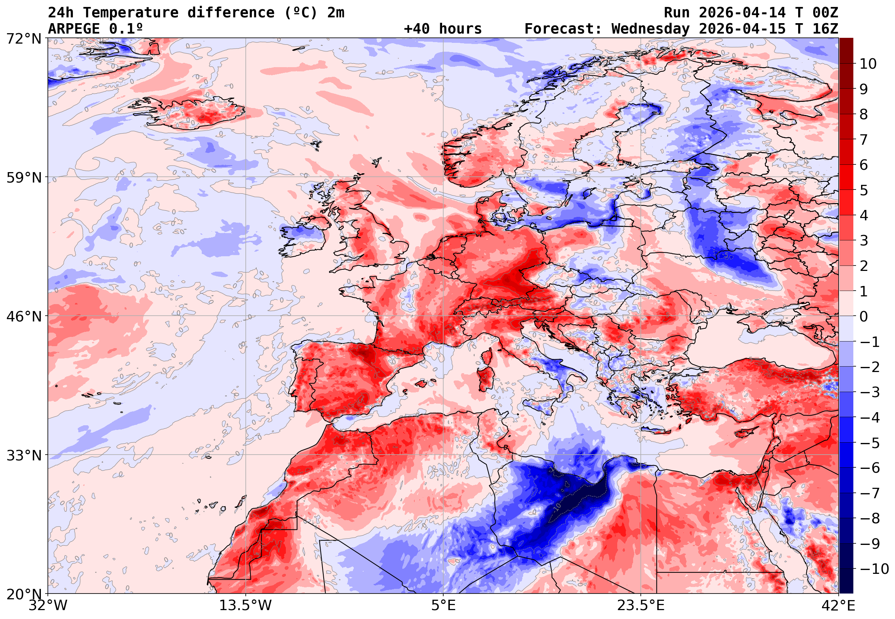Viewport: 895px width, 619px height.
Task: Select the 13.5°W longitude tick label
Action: point(246,605)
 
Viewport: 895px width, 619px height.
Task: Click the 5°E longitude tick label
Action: point(443,605)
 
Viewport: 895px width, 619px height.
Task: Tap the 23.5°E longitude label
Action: point(640,605)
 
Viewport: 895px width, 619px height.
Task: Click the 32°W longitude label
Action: point(48,605)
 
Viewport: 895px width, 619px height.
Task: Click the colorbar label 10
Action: point(868,64)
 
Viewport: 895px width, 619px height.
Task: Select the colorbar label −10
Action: point(874,569)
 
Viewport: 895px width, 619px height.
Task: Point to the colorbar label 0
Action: point(864,316)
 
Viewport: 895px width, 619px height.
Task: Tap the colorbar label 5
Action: point(864,190)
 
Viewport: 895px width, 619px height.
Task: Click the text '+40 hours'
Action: point(442,29)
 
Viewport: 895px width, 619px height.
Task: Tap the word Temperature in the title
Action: point(131,13)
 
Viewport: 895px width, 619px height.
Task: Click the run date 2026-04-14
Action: point(742,13)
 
